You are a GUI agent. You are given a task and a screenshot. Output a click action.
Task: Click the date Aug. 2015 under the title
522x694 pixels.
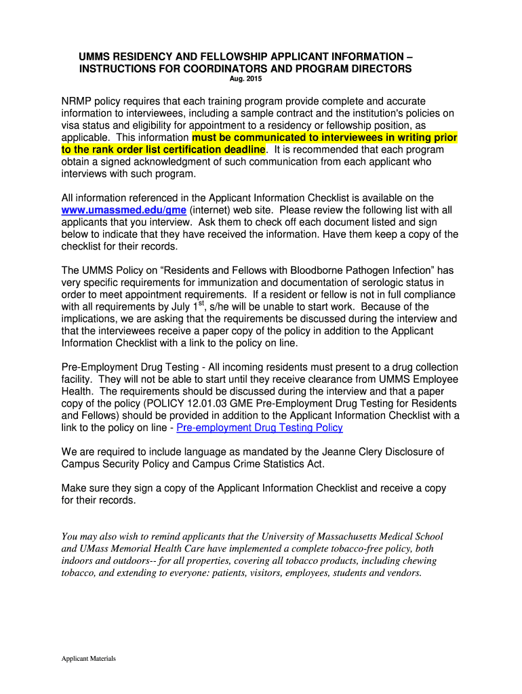[245, 80]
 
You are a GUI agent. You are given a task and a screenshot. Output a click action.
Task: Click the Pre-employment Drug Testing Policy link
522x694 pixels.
[260, 428]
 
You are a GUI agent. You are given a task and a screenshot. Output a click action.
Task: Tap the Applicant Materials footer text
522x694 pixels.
[89, 658]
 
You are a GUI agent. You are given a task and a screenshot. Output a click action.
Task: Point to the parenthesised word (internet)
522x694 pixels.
[210, 210]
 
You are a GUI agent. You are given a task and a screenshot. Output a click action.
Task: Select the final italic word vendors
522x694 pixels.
[403, 573]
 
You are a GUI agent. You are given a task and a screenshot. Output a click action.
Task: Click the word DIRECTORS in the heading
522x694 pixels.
[378, 68]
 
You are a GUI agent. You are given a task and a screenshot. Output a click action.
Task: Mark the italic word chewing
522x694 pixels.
[417, 560]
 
